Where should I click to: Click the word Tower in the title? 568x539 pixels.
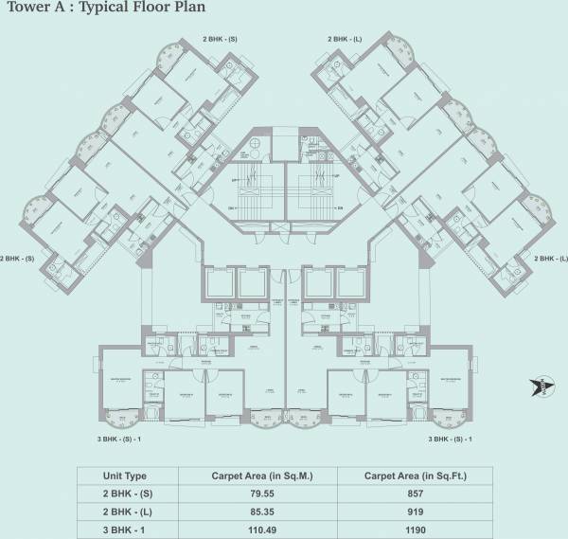click(26, 11)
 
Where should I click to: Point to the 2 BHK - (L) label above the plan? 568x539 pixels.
click(346, 39)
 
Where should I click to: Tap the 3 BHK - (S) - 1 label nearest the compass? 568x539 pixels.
click(449, 440)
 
